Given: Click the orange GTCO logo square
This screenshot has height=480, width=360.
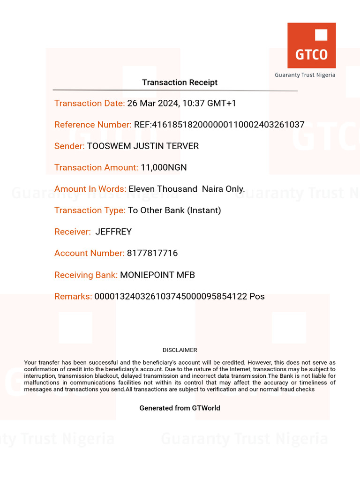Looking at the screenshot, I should coord(311,46).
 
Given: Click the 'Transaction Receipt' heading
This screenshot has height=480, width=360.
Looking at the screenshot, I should coord(180,82).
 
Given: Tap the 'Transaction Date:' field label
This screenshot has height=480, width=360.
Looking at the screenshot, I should coord(90,103).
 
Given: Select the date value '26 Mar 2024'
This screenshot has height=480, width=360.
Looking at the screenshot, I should coord(153,103).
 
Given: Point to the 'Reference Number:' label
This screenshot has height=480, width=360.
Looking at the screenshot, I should coord(93,125).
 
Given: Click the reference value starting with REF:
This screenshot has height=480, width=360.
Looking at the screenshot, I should coord(219,125).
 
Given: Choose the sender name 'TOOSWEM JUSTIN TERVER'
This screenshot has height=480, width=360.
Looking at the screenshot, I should coord(143,146).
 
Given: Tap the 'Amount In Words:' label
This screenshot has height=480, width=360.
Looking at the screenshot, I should coord(90,189).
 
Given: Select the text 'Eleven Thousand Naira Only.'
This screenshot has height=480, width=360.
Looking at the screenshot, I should coord(187,189).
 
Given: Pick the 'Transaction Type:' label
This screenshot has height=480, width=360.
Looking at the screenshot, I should coord(90,210).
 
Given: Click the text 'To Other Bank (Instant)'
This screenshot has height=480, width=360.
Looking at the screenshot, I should coord(174,210).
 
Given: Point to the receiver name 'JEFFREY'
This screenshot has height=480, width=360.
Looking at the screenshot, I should coord(113,232).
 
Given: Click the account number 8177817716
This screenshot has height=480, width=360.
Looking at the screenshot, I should coord(152,253).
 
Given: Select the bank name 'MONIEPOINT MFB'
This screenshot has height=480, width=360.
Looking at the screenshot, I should coord(157,275).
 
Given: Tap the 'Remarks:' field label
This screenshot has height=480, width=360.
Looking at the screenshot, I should coord(73,296).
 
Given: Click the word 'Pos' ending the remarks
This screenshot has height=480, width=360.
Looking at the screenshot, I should coord(257,296).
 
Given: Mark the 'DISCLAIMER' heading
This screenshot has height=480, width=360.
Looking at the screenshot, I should coord(180,350).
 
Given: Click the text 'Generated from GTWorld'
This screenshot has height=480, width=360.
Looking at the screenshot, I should coord(180,408).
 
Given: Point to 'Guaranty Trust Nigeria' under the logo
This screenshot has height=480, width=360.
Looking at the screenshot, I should coord(305,75).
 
